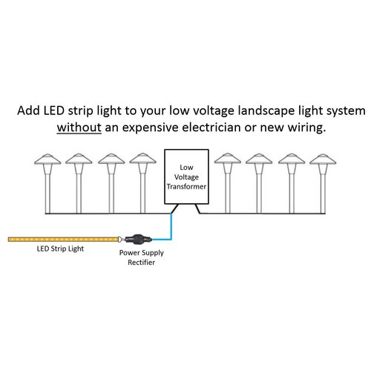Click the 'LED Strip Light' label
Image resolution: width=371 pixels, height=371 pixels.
60,249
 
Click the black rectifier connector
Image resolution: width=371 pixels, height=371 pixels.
139,240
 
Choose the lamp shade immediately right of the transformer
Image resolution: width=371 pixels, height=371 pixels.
227,159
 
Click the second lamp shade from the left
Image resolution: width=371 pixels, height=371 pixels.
78,159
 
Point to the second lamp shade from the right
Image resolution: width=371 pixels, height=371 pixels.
291,159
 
